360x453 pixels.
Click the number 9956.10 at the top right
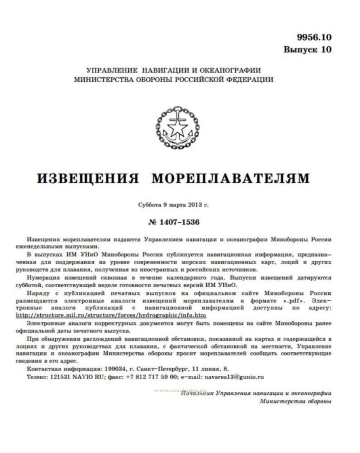(x=314, y=37)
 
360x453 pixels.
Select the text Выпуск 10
(x=307, y=49)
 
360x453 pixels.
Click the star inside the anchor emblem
(x=177, y=128)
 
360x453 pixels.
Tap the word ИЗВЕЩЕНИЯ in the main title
(x=88, y=178)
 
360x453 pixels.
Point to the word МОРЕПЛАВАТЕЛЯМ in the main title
(x=231, y=178)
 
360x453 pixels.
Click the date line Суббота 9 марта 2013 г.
(x=173, y=205)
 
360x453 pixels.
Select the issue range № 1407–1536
(x=174, y=222)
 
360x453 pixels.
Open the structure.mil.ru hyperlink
(x=111, y=315)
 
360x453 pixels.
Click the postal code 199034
(x=115, y=369)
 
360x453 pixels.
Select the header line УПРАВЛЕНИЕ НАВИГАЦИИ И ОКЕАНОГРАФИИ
(x=174, y=70)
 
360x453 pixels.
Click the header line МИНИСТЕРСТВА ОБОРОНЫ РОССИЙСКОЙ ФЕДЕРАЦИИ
(x=174, y=79)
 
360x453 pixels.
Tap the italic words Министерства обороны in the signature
(x=295, y=401)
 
